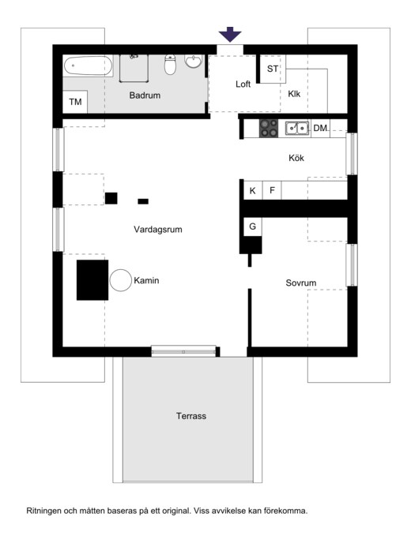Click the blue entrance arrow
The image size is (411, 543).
[229, 34]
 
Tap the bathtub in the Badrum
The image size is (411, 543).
[88, 66]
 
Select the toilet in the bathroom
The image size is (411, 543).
[170, 65]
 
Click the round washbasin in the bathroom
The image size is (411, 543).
[193, 61]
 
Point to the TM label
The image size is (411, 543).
[75, 102]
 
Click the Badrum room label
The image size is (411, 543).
[145, 95]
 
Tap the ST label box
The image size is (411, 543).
[273, 69]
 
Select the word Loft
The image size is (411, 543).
[243, 84]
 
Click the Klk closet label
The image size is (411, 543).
[294, 94]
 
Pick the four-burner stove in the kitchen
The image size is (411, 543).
[269, 128]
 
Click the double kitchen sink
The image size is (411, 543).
[297, 128]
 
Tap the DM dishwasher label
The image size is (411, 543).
[320, 128]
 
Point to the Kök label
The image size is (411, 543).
[296, 158]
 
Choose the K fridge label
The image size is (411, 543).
[252, 190]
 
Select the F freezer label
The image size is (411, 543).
[272, 190]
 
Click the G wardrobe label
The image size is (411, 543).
[252, 227]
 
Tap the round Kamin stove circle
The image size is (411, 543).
[121, 280]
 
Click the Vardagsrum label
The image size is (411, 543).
[158, 229]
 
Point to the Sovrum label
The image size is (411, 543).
[301, 283]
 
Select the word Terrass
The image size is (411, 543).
[191, 416]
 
